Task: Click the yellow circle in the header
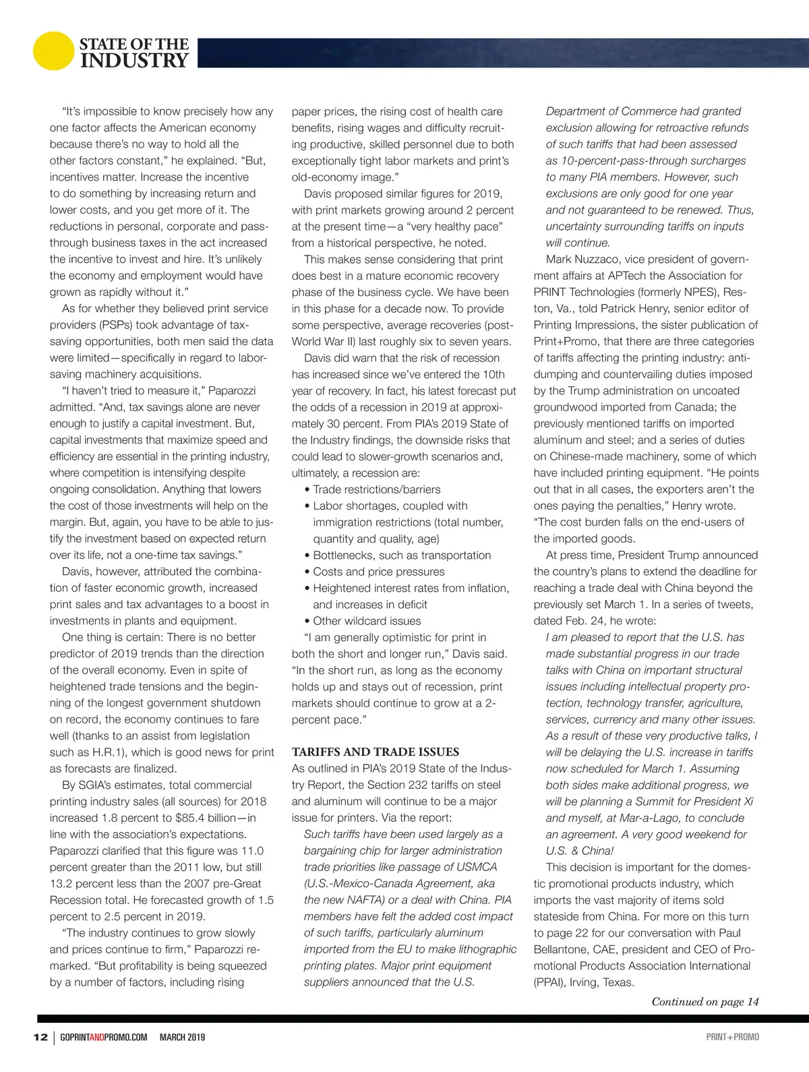53,51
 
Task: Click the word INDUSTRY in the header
134,61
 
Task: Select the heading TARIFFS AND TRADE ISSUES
375,752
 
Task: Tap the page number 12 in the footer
40,1037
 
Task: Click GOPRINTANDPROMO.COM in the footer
103,1037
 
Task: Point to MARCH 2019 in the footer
182,1037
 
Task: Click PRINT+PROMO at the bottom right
732,1037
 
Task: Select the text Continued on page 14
705,1002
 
